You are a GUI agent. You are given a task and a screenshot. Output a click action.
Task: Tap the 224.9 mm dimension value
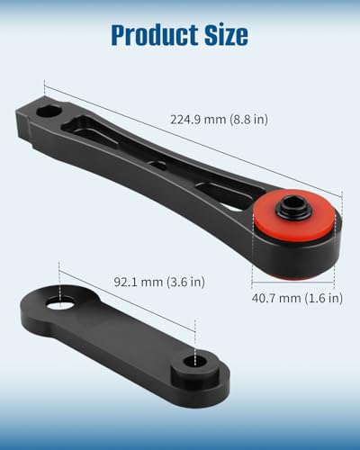(x=198, y=120)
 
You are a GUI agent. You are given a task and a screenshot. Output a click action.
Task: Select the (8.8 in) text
(x=248, y=120)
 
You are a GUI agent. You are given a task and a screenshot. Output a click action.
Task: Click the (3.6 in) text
(x=185, y=282)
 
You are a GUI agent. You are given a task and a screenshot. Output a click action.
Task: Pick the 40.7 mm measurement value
(x=276, y=298)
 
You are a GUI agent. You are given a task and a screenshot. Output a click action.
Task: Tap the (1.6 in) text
(x=324, y=298)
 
